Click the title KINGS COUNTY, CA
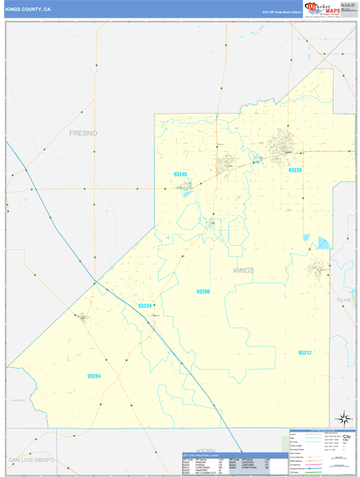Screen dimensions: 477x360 (x=28, y=10)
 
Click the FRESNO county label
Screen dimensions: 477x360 (x=83, y=133)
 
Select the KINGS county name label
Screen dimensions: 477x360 (x=244, y=270)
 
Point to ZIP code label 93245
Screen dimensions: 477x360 (x=182, y=173)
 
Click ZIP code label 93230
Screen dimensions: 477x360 (x=295, y=170)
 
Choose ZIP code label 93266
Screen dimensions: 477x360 (x=203, y=292)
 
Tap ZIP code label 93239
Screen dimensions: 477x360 (x=145, y=305)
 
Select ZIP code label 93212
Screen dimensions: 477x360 (x=305, y=352)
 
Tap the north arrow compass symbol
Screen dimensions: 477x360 (x=344, y=417)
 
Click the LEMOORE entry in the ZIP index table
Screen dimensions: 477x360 (x=247, y=464)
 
